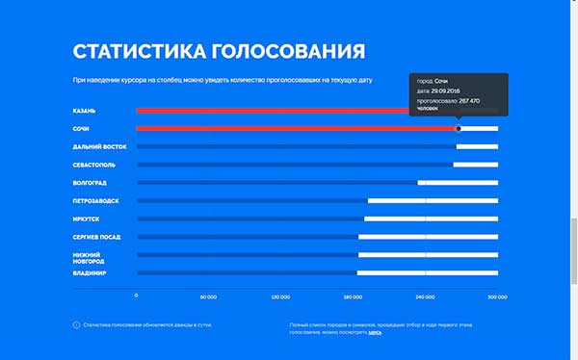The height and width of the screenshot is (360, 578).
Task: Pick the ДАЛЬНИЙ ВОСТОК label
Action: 100,146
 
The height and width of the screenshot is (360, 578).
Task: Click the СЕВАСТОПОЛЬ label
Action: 94,165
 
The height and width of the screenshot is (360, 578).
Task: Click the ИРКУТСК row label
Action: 87,219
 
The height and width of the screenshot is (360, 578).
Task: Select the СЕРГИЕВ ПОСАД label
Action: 98,237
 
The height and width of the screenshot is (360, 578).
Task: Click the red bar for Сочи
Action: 289,128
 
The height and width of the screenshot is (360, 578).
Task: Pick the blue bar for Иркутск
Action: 250,219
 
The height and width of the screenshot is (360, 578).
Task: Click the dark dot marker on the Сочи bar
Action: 459,128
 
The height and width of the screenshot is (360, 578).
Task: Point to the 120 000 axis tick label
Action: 281,296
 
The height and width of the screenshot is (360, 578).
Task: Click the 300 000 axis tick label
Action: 497,296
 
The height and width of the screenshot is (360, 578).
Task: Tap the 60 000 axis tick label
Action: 208,296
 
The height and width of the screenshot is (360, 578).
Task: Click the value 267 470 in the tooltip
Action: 469,100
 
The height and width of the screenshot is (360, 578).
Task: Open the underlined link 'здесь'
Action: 375,332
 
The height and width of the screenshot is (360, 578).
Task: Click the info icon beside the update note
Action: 76,325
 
